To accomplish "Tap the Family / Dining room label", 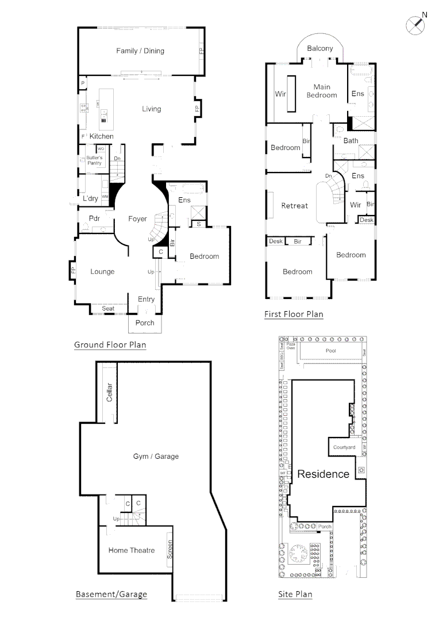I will (x=140, y=51).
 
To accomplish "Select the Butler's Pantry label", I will (x=94, y=160).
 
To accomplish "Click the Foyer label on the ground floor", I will (x=138, y=219).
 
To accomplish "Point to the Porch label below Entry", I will (x=145, y=323).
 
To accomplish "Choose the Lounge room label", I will (x=102, y=272).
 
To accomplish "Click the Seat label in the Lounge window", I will (x=108, y=309).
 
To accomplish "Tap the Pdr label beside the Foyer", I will (x=95, y=218).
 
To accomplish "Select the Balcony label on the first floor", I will (x=320, y=49).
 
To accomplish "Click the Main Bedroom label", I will (x=322, y=91).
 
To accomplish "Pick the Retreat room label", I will (x=294, y=206).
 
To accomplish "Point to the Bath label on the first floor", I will (x=351, y=141).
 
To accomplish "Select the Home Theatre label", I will (x=132, y=551).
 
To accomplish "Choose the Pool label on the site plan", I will (x=330, y=351).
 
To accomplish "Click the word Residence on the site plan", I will (x=323, y=474).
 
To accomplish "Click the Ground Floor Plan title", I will (x=110, y=346).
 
